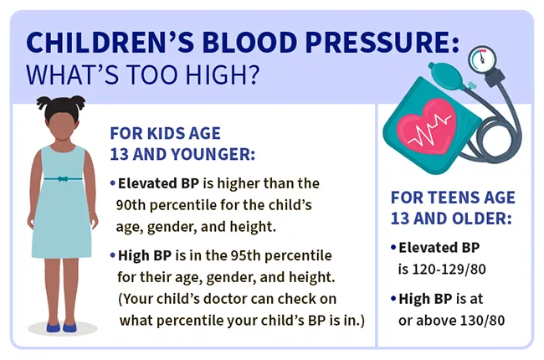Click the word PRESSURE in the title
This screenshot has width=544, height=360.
[377, 42]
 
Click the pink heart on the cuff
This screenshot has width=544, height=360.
[427, 127]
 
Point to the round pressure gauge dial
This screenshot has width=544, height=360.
[482, 59]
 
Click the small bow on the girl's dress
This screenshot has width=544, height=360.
[63, 179]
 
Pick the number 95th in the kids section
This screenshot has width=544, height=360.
[245, 255]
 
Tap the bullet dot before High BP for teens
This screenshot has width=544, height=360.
[393, 299]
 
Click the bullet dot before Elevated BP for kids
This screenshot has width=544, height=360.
[113, 183]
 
